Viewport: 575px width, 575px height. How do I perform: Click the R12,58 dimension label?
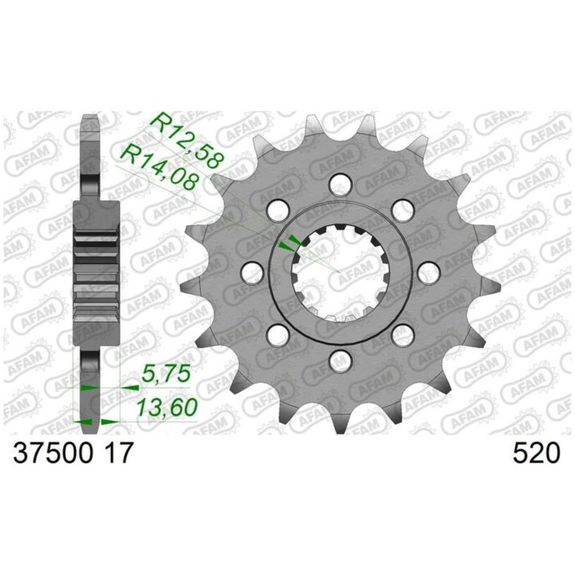click(x=188, y=141)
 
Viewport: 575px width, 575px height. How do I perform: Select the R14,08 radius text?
click(x=160, y=167)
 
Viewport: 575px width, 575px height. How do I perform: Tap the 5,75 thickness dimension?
click(x=167, y=375)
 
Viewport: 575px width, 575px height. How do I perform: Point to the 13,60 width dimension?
click(x=167, y=407)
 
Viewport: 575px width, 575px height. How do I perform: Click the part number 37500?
click(x=53, y=454)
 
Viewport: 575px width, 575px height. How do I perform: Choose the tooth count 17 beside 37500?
click(x=114, y=454)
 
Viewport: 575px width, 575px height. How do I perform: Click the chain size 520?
click(x=536, y=454)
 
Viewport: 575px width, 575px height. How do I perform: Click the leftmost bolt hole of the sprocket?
click(x=253, y=273)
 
